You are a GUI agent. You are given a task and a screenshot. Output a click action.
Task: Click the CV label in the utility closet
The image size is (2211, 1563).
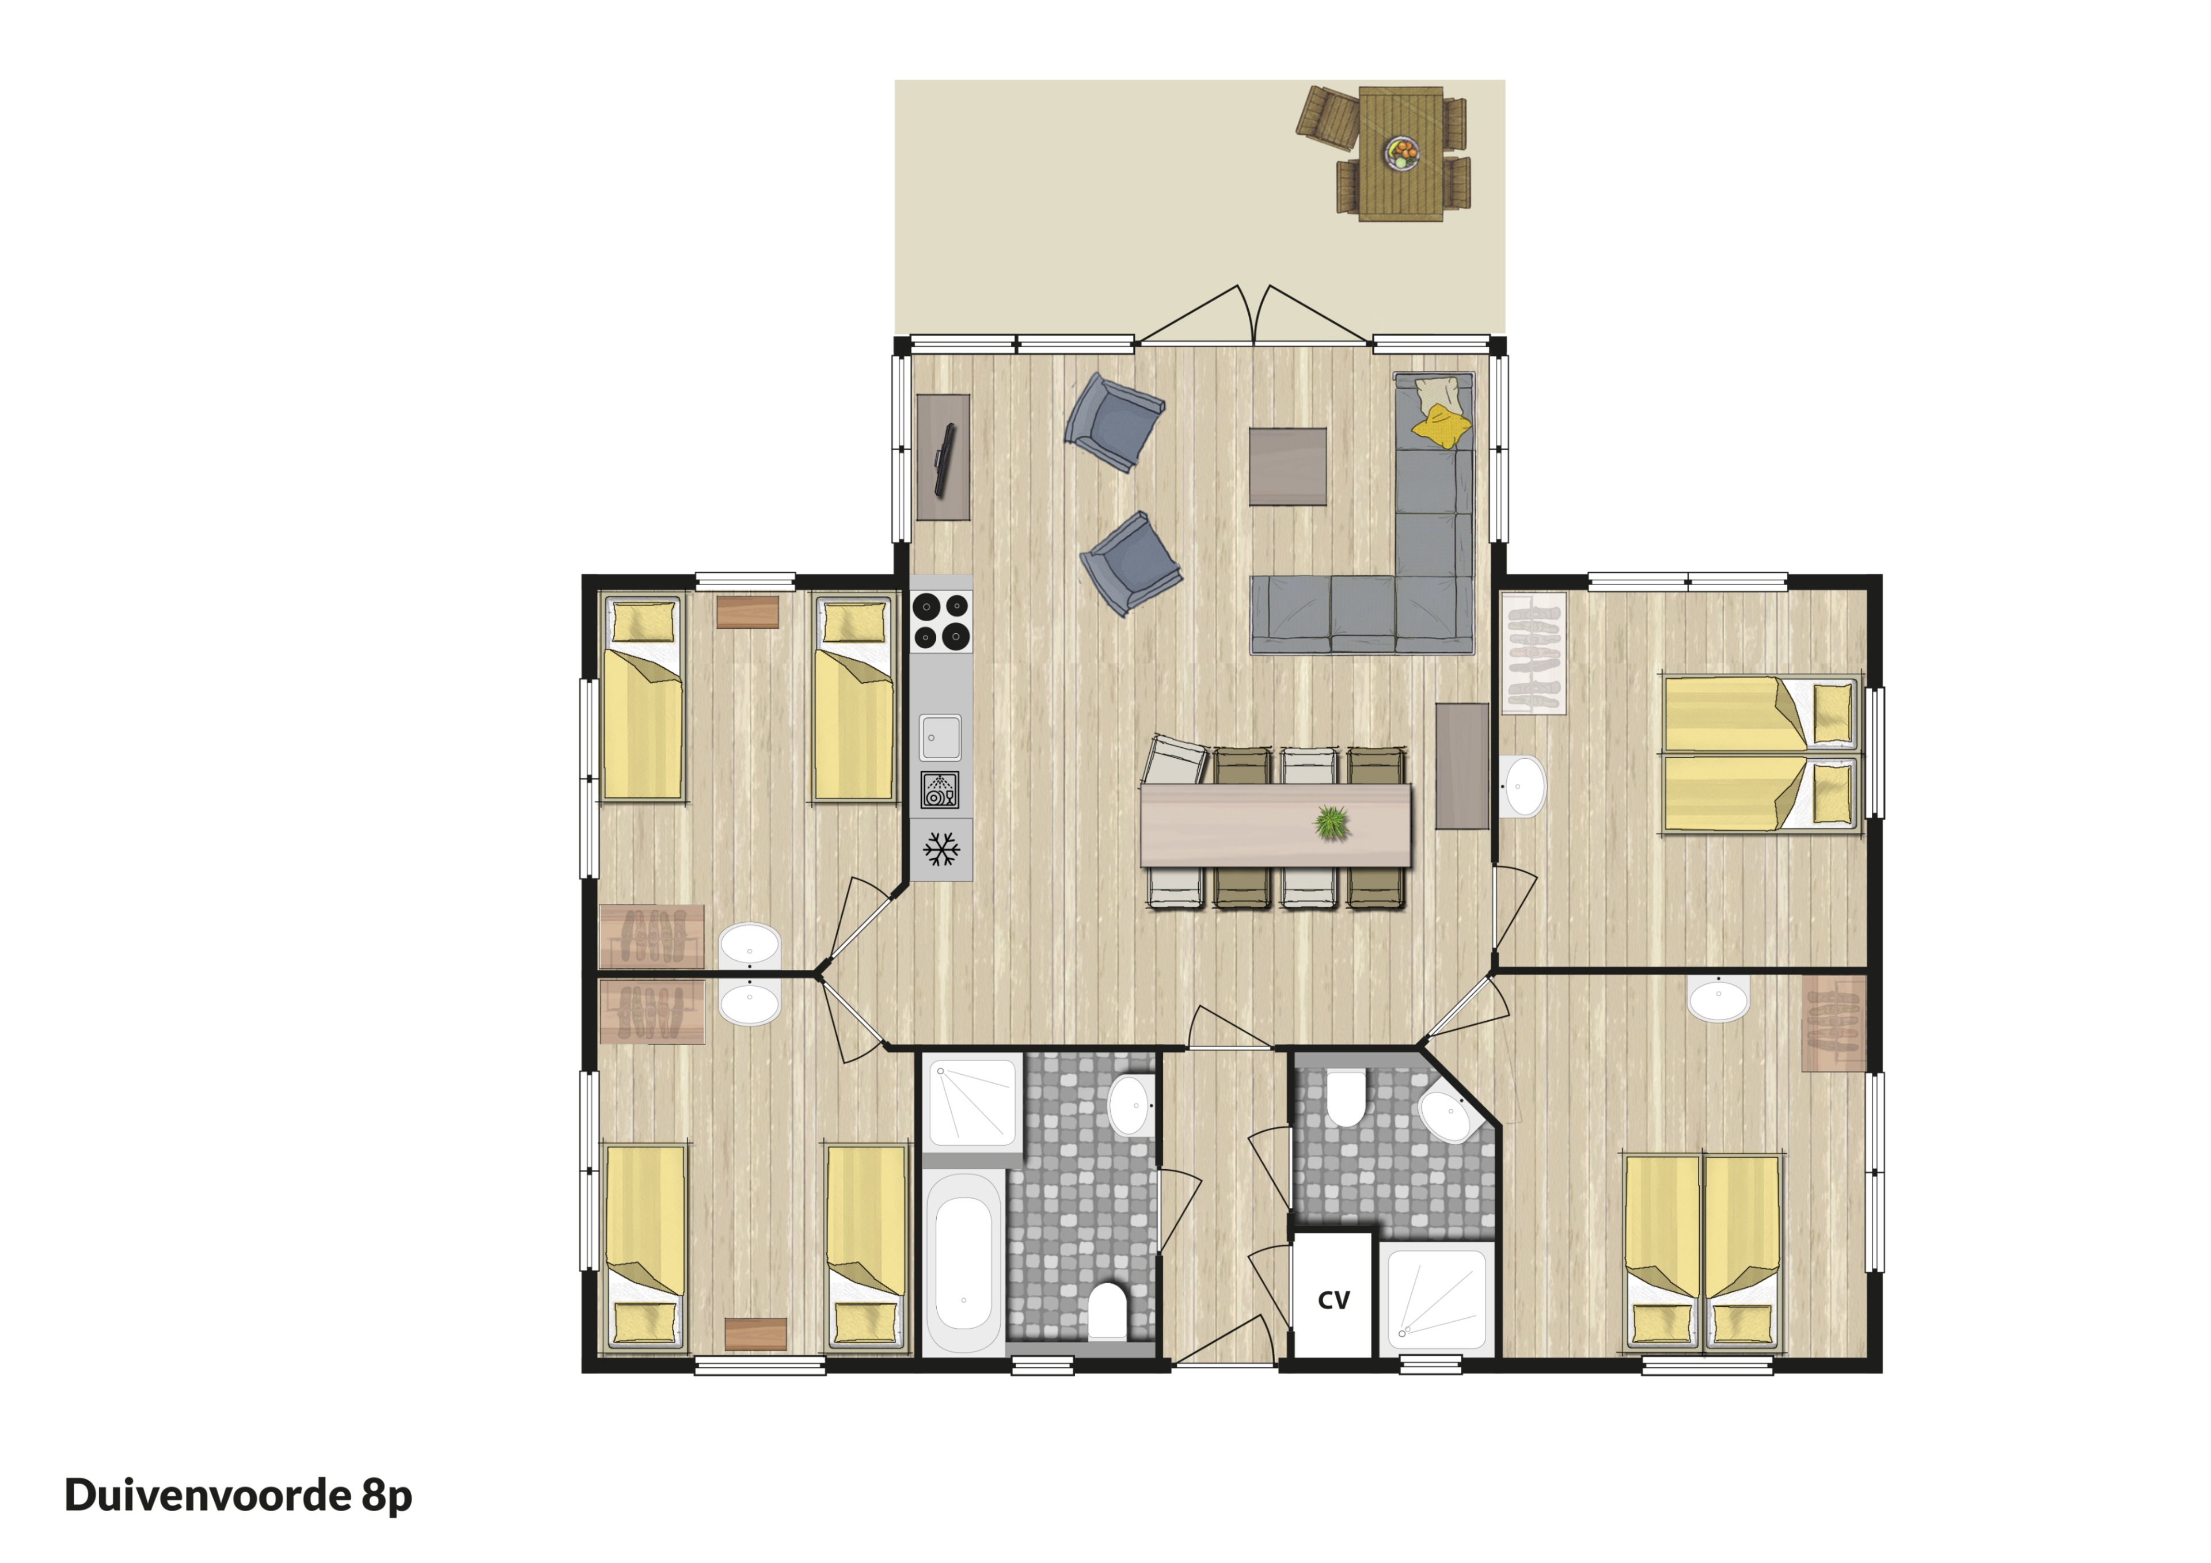pyautogui.click(x=1334, y=1300)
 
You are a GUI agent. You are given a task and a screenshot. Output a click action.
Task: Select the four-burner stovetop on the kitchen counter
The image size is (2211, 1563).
pyautogui.click(x=941, y=621)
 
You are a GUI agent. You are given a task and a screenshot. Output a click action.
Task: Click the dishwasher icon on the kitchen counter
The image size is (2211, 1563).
pyautogui.click(x=940, y=790)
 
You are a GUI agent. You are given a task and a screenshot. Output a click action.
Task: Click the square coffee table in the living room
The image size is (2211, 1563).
pyautogui.click(x=1287, y=466)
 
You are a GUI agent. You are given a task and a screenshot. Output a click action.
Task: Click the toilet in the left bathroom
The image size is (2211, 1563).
pyautogui.click(x=1107, y=1311)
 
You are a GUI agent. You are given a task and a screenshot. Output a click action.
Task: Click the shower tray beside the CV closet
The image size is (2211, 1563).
pyautogui.click(x=1437, y=1298)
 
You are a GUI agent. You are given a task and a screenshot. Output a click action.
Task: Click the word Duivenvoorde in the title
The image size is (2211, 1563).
pyautogui.click(x=208, y=1494)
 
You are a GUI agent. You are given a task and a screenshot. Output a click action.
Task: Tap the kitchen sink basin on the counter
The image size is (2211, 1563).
pyautogui.click(x=939, y=737)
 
